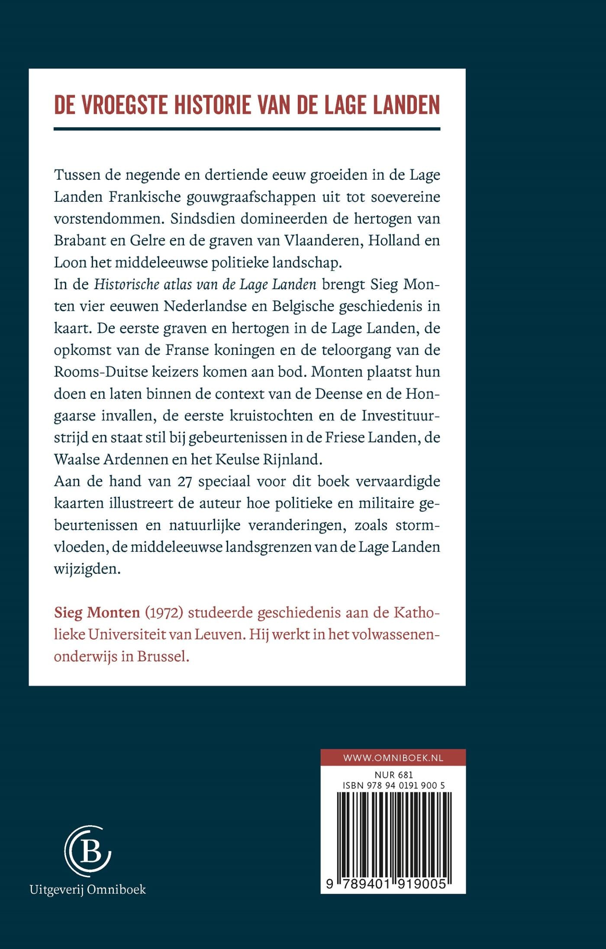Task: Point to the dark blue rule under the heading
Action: [x=247, y=129]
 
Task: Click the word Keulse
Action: [x=237, y=459]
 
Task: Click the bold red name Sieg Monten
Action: [x=97, y=613]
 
